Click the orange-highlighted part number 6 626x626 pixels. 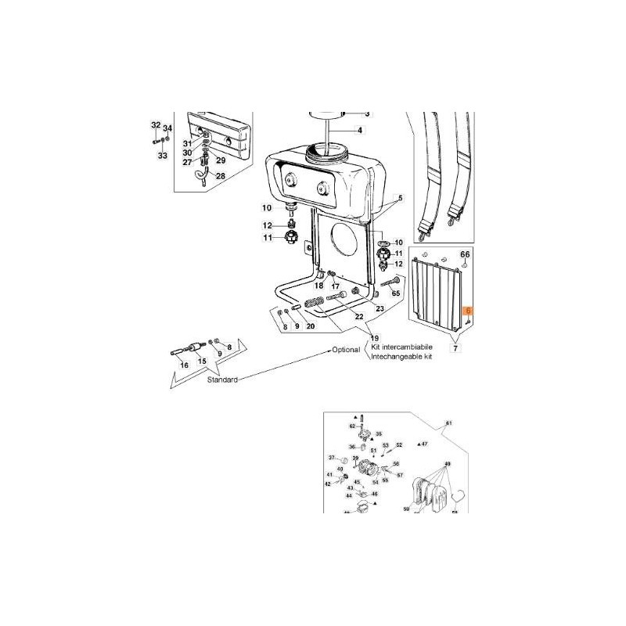coord(468,310)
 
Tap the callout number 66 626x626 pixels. coord(465,255)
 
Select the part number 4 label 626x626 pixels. coord(360,130)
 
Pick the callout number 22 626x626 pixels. coord(359,316)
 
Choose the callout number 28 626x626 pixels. coord(220,176)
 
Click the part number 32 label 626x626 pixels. coord(155,125)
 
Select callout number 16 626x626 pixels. coord(185,365)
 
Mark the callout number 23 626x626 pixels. coord(380,309)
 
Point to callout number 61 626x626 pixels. coord(449,423)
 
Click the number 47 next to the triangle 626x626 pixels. coord(425,444)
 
